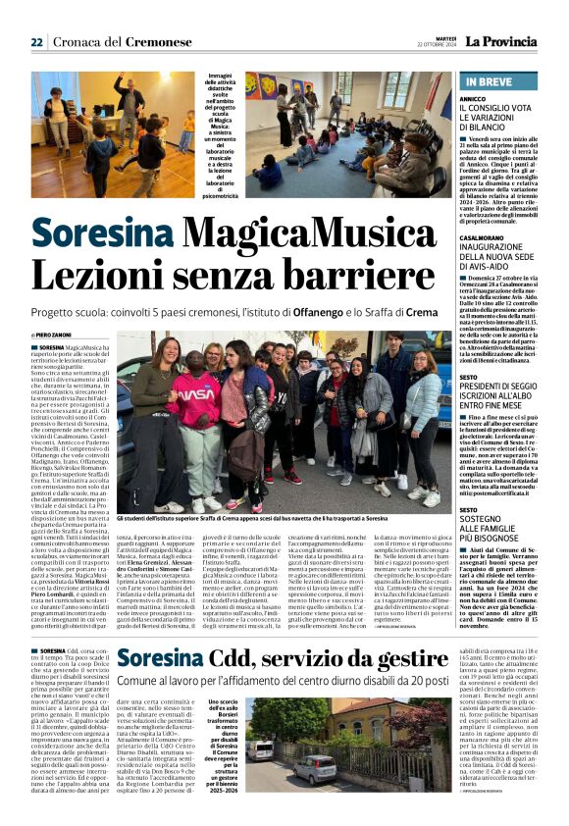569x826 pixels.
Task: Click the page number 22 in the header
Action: click(36, 42)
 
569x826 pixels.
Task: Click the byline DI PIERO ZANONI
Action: click(55, 336)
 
